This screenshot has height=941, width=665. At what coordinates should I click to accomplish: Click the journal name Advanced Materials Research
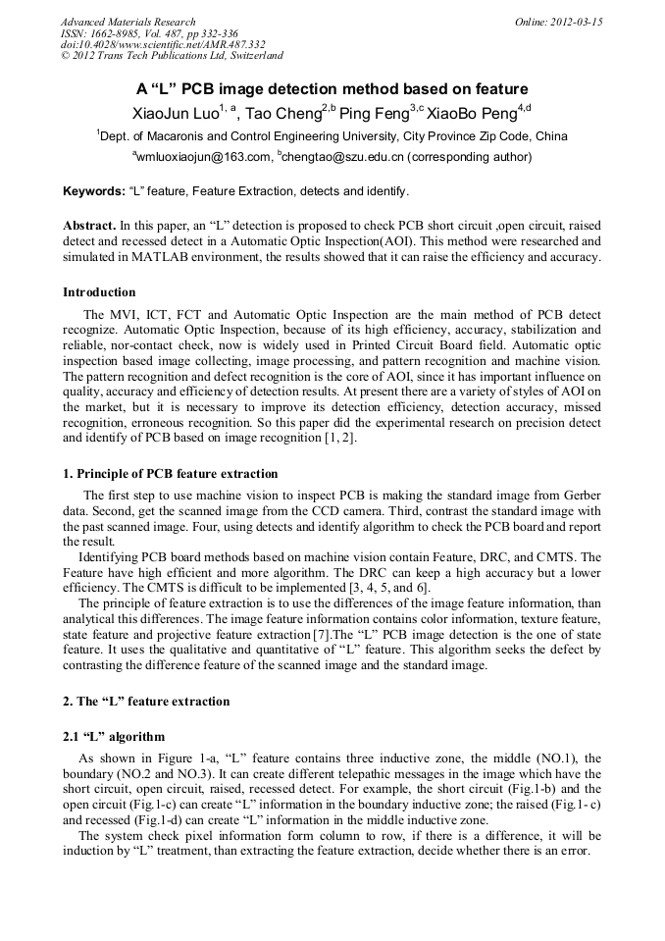pos(128,22)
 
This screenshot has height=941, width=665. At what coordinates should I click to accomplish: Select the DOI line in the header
pos(163,44)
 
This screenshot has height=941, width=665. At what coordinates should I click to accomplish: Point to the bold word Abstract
pos(89,225)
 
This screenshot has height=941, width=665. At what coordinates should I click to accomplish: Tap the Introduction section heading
pos(99,292)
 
